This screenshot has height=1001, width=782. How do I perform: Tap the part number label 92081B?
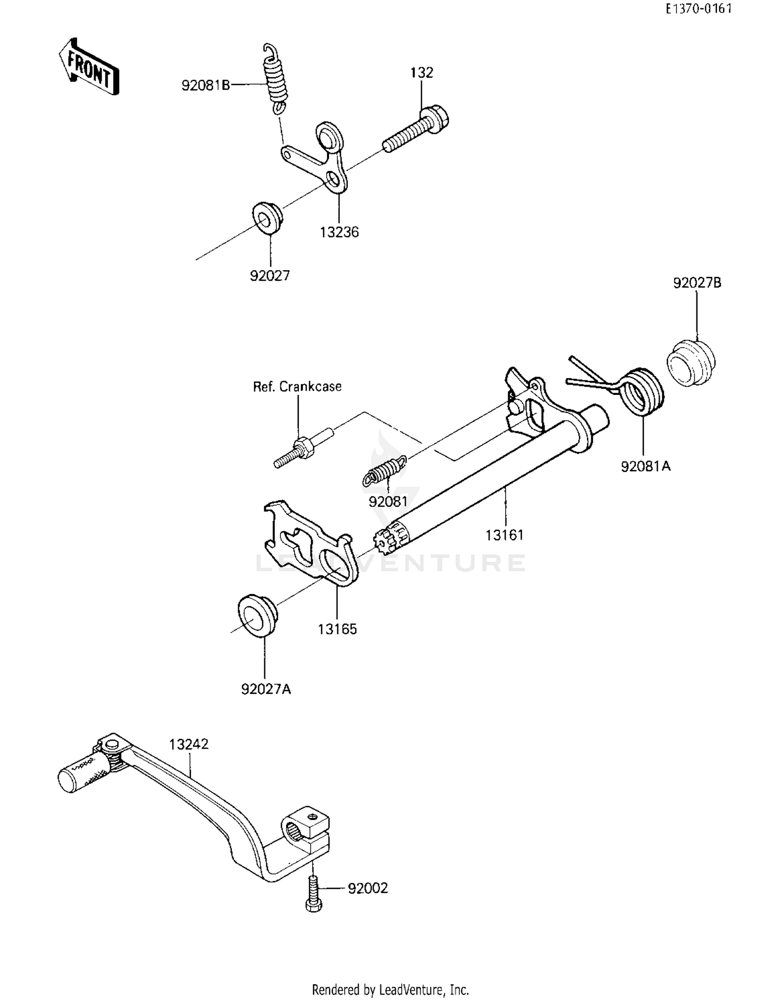(x=205, y=86)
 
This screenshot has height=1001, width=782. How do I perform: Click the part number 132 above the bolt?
(x=421, y=73)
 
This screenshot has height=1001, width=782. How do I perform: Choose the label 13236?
(x=339, y=233)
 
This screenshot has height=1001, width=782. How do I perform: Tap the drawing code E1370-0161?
(x=698, y=9)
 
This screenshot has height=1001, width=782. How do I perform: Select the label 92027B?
(x=697, y=283)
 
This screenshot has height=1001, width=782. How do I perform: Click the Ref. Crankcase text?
(x=297, y=387)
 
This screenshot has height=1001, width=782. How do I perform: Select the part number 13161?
(x=504, y=535)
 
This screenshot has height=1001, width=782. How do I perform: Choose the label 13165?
(x=337, y=629)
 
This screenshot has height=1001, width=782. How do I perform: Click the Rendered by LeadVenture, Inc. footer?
(x=390, y=989)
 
